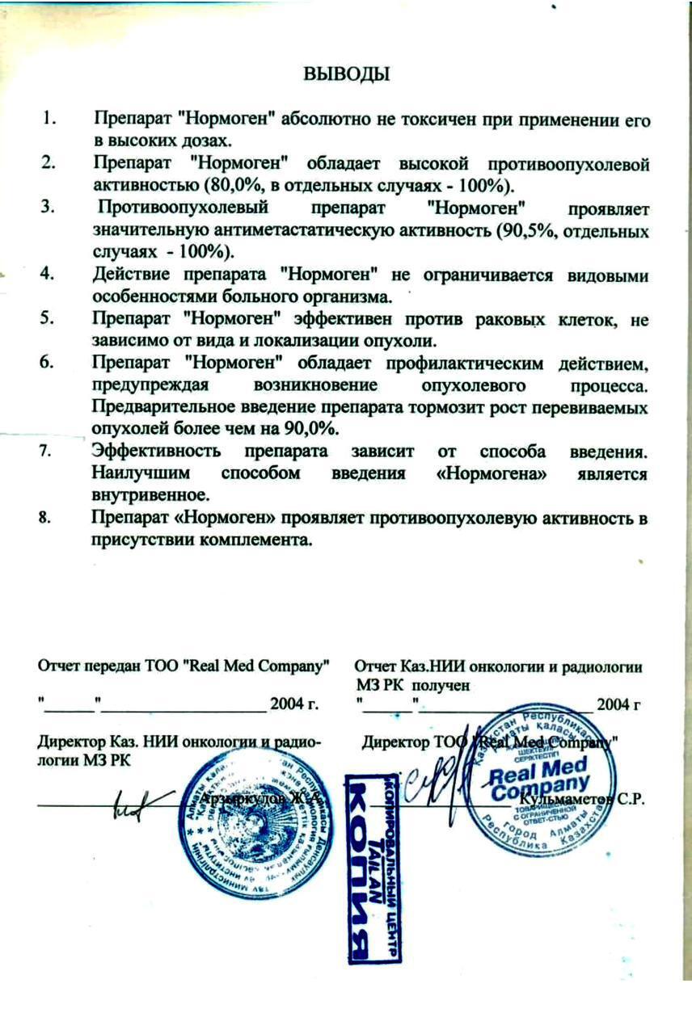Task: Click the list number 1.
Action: (x=50, y=120)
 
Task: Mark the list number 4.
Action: (x=49, y=275)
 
